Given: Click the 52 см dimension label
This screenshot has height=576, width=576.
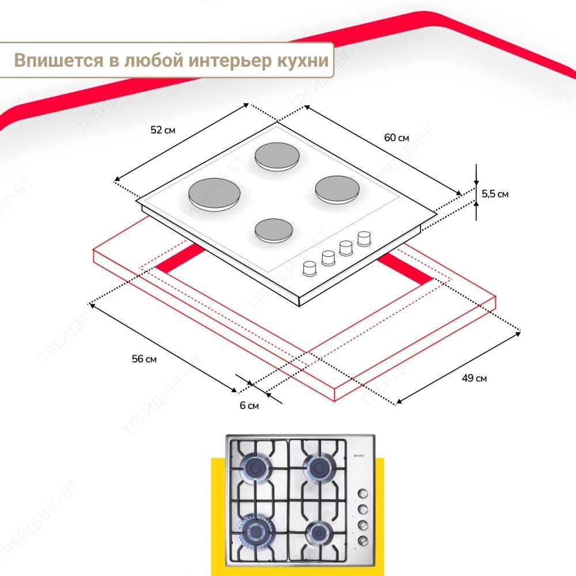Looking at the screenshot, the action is tap(162, 130).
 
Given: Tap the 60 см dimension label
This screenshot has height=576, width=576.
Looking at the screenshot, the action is tap(396, 138).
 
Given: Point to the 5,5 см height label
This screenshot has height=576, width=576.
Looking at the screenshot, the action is tap(495, 194).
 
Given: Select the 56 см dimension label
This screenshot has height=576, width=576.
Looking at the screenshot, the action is tap(144, 359).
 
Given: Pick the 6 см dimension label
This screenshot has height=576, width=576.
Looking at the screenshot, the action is tap(249, 406).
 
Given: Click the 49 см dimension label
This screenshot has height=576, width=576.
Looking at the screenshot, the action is tap(474, 378).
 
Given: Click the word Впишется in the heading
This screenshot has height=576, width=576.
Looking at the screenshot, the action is tap(51, 60).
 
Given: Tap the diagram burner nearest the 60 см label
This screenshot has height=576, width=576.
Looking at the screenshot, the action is tap(336, 189).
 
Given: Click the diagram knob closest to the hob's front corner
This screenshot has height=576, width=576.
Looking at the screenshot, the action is tap(310, 268).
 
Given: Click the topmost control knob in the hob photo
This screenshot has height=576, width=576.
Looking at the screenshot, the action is tap(363, 493).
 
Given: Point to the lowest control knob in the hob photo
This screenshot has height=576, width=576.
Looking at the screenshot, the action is tap(363, 540).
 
